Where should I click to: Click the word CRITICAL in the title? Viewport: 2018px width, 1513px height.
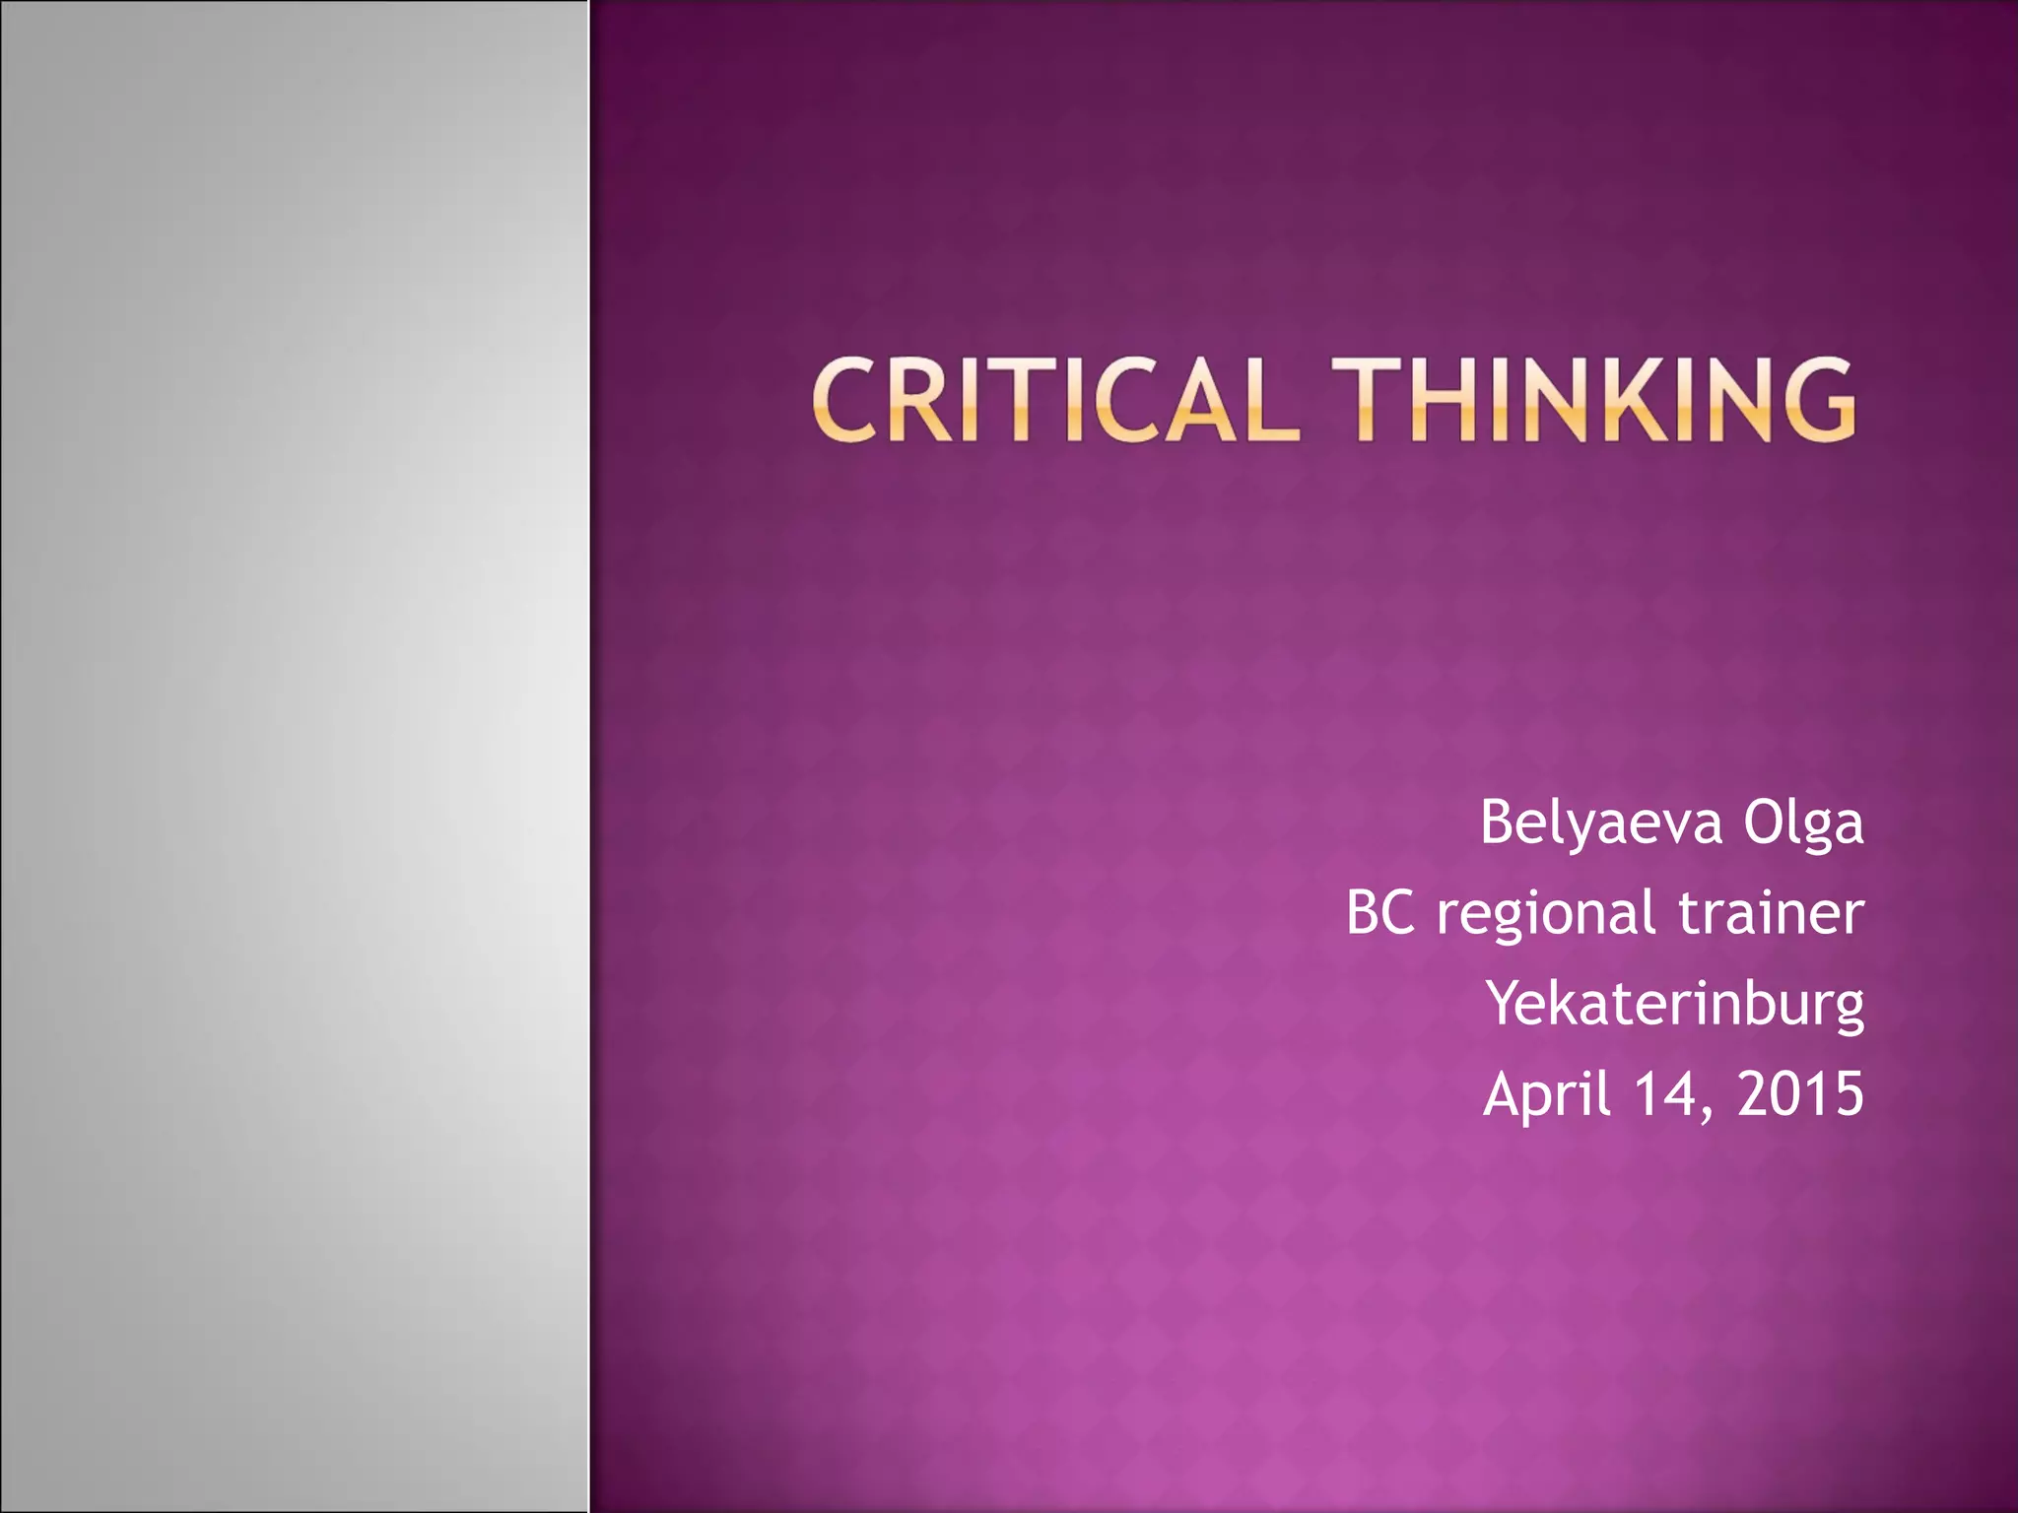click(x=1053, y=399)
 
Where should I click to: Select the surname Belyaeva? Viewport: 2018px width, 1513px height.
click(x=1601, y=822)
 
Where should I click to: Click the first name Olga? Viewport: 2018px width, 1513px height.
click(x=1803, y=822)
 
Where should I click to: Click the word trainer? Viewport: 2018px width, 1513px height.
click(x=1771, y=912)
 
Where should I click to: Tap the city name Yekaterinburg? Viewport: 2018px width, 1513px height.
click(x=1675, y=1004)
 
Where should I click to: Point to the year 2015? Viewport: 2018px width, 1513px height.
click(x=1800, y=1093)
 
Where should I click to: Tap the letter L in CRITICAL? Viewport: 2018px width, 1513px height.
click(x=1270, y=399)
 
